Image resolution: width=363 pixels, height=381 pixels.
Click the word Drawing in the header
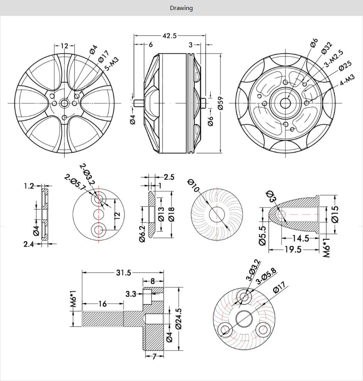pyautogui.click(x=181, y=8)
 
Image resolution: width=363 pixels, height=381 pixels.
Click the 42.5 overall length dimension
pyautogui.click(x=169, y=36)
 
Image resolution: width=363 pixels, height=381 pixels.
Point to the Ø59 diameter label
pyautogui.click(x=221, y=103)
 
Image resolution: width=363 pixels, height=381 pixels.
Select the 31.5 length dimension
pyautogui.click(x=124, y=273)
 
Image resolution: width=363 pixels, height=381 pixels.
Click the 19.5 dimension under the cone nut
pyautogui.click(x=293, y=249)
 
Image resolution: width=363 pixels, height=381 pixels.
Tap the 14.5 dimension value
pyautogui.click(x=300, y=238)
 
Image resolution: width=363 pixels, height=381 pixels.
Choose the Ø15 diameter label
pyautogui.click(x=335, y=213)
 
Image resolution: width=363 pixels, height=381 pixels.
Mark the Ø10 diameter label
pyautogui.click(x=193, y=186)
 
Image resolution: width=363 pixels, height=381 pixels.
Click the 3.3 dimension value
pyautogui.click(x=131, y=294)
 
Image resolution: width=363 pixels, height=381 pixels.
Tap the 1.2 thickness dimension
pyautogui.click(x=29, y=186)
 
